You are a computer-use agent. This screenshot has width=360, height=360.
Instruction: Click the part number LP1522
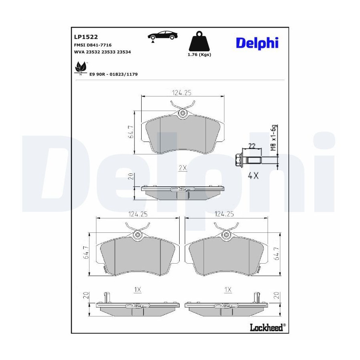86,37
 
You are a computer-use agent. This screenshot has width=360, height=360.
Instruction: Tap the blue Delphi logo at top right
257,43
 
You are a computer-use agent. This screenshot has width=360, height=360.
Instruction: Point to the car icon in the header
163,36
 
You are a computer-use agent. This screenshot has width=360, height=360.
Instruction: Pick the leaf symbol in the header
80,67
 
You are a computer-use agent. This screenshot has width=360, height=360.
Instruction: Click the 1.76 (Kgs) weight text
199,55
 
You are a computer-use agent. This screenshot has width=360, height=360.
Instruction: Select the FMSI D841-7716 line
93,45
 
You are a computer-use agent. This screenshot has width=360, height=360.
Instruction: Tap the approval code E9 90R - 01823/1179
114,74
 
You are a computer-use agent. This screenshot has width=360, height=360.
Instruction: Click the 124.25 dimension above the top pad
182,93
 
